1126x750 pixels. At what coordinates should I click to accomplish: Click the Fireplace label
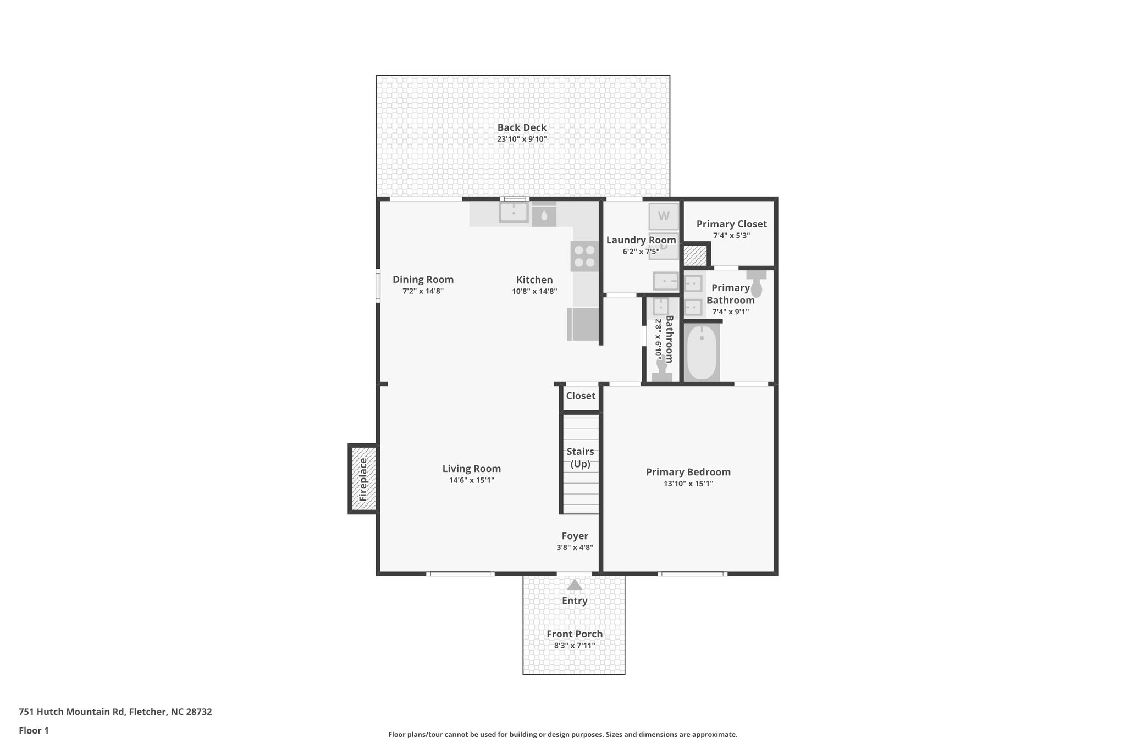click(x=363, y=479)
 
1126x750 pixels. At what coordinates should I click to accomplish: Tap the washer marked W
click(x=664, y=216)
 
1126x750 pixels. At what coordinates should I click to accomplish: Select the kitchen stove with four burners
click(x=584, y=257)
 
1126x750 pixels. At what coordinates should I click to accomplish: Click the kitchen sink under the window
click(x=514, y=212)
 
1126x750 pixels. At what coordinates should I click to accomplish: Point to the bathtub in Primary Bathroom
click(x=702, y=352)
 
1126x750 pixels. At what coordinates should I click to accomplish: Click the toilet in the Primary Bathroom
click(x=757, y=283)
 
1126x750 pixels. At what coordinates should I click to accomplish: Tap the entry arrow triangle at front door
click(x=575, y=585)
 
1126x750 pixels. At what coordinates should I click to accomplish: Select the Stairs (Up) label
click(x=580, y=458)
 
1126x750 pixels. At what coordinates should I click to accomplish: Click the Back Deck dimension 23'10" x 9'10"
click(x=522, y=140)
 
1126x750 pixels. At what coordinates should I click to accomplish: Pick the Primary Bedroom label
click(x=688, y=472)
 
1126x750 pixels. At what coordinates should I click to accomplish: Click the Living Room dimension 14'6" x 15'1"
click(x=471, y=480)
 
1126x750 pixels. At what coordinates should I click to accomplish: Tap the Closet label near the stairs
click(x=581, y=396)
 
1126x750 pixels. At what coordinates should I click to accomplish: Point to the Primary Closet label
click(x=731, y=224)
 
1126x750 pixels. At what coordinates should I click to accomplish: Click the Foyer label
click(x=575, y=536)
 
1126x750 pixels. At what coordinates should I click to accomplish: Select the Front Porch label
click(x=575, y=634)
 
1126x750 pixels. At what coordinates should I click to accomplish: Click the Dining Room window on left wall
click(x=378, y=285)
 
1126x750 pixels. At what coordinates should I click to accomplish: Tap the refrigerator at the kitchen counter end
click(x=583, y=324)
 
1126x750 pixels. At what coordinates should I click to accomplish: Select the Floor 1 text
click(x=34, y=730)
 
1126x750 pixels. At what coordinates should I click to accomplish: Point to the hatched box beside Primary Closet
click(x=695, y=256)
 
